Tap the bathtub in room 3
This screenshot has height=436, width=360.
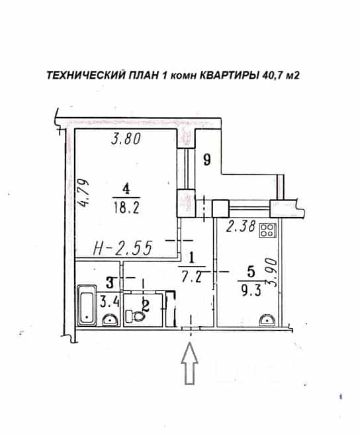(87, 305)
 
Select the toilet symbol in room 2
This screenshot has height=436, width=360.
(135, 316)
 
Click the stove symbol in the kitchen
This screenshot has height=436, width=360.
(267, 230)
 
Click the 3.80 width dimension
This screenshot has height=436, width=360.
(126, 139)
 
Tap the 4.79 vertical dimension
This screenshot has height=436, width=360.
(83, 193)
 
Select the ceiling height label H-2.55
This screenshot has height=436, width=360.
(122, 247)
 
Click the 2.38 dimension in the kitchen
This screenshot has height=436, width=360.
(240, 226)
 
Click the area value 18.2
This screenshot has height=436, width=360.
(126, 207)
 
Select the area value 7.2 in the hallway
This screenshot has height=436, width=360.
(191, 277)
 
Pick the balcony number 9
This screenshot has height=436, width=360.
(206, 160)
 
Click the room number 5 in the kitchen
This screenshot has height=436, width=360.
(251, 272)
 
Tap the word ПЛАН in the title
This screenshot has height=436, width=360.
(143, 75)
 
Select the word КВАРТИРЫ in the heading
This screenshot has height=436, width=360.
(230, 75)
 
